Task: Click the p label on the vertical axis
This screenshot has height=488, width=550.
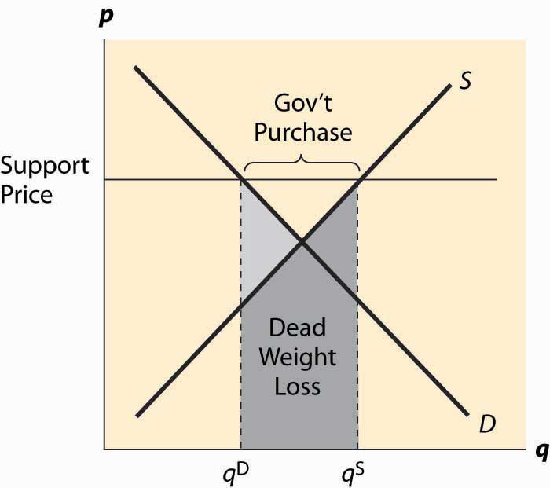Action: [106, 18]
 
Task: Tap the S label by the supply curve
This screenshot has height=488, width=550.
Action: [465, 80]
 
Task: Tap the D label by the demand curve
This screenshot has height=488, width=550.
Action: [487, 424]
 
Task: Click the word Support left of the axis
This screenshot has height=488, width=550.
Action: [45, 167]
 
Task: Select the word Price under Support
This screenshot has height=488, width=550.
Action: [26, 194]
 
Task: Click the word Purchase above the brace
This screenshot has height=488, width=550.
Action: [303, 134]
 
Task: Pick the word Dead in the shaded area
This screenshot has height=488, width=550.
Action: [298, 327]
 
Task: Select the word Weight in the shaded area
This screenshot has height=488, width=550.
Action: [298, 358]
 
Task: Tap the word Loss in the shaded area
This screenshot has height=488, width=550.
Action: [298, 387]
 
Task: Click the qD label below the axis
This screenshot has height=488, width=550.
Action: [236, 474]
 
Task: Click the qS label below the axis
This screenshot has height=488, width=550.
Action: [353, 474]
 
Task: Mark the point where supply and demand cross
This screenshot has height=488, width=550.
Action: [302, 241]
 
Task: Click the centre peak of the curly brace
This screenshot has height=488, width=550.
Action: [301, 156]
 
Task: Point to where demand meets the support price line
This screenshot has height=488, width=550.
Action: [242, 180]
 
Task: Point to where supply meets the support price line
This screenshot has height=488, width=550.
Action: [359, 180]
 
